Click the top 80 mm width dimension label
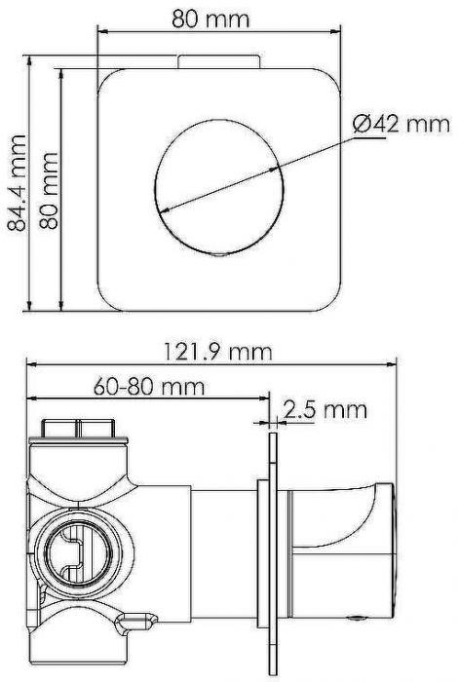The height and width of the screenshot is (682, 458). coord(210,19)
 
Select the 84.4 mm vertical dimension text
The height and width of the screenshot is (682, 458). coord(18,183)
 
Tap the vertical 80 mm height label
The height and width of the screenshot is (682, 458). coord(49,191)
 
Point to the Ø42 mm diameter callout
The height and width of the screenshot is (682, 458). coord(401,124)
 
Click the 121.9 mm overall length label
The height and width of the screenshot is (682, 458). coord(217,352)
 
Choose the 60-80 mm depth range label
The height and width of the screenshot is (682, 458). coord(149,386)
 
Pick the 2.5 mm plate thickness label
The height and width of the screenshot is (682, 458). coord(324,410)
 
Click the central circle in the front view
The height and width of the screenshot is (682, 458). coord(219,188)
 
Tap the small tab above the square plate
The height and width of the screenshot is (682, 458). coord(219,61)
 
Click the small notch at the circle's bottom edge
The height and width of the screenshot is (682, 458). coord(219,255)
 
